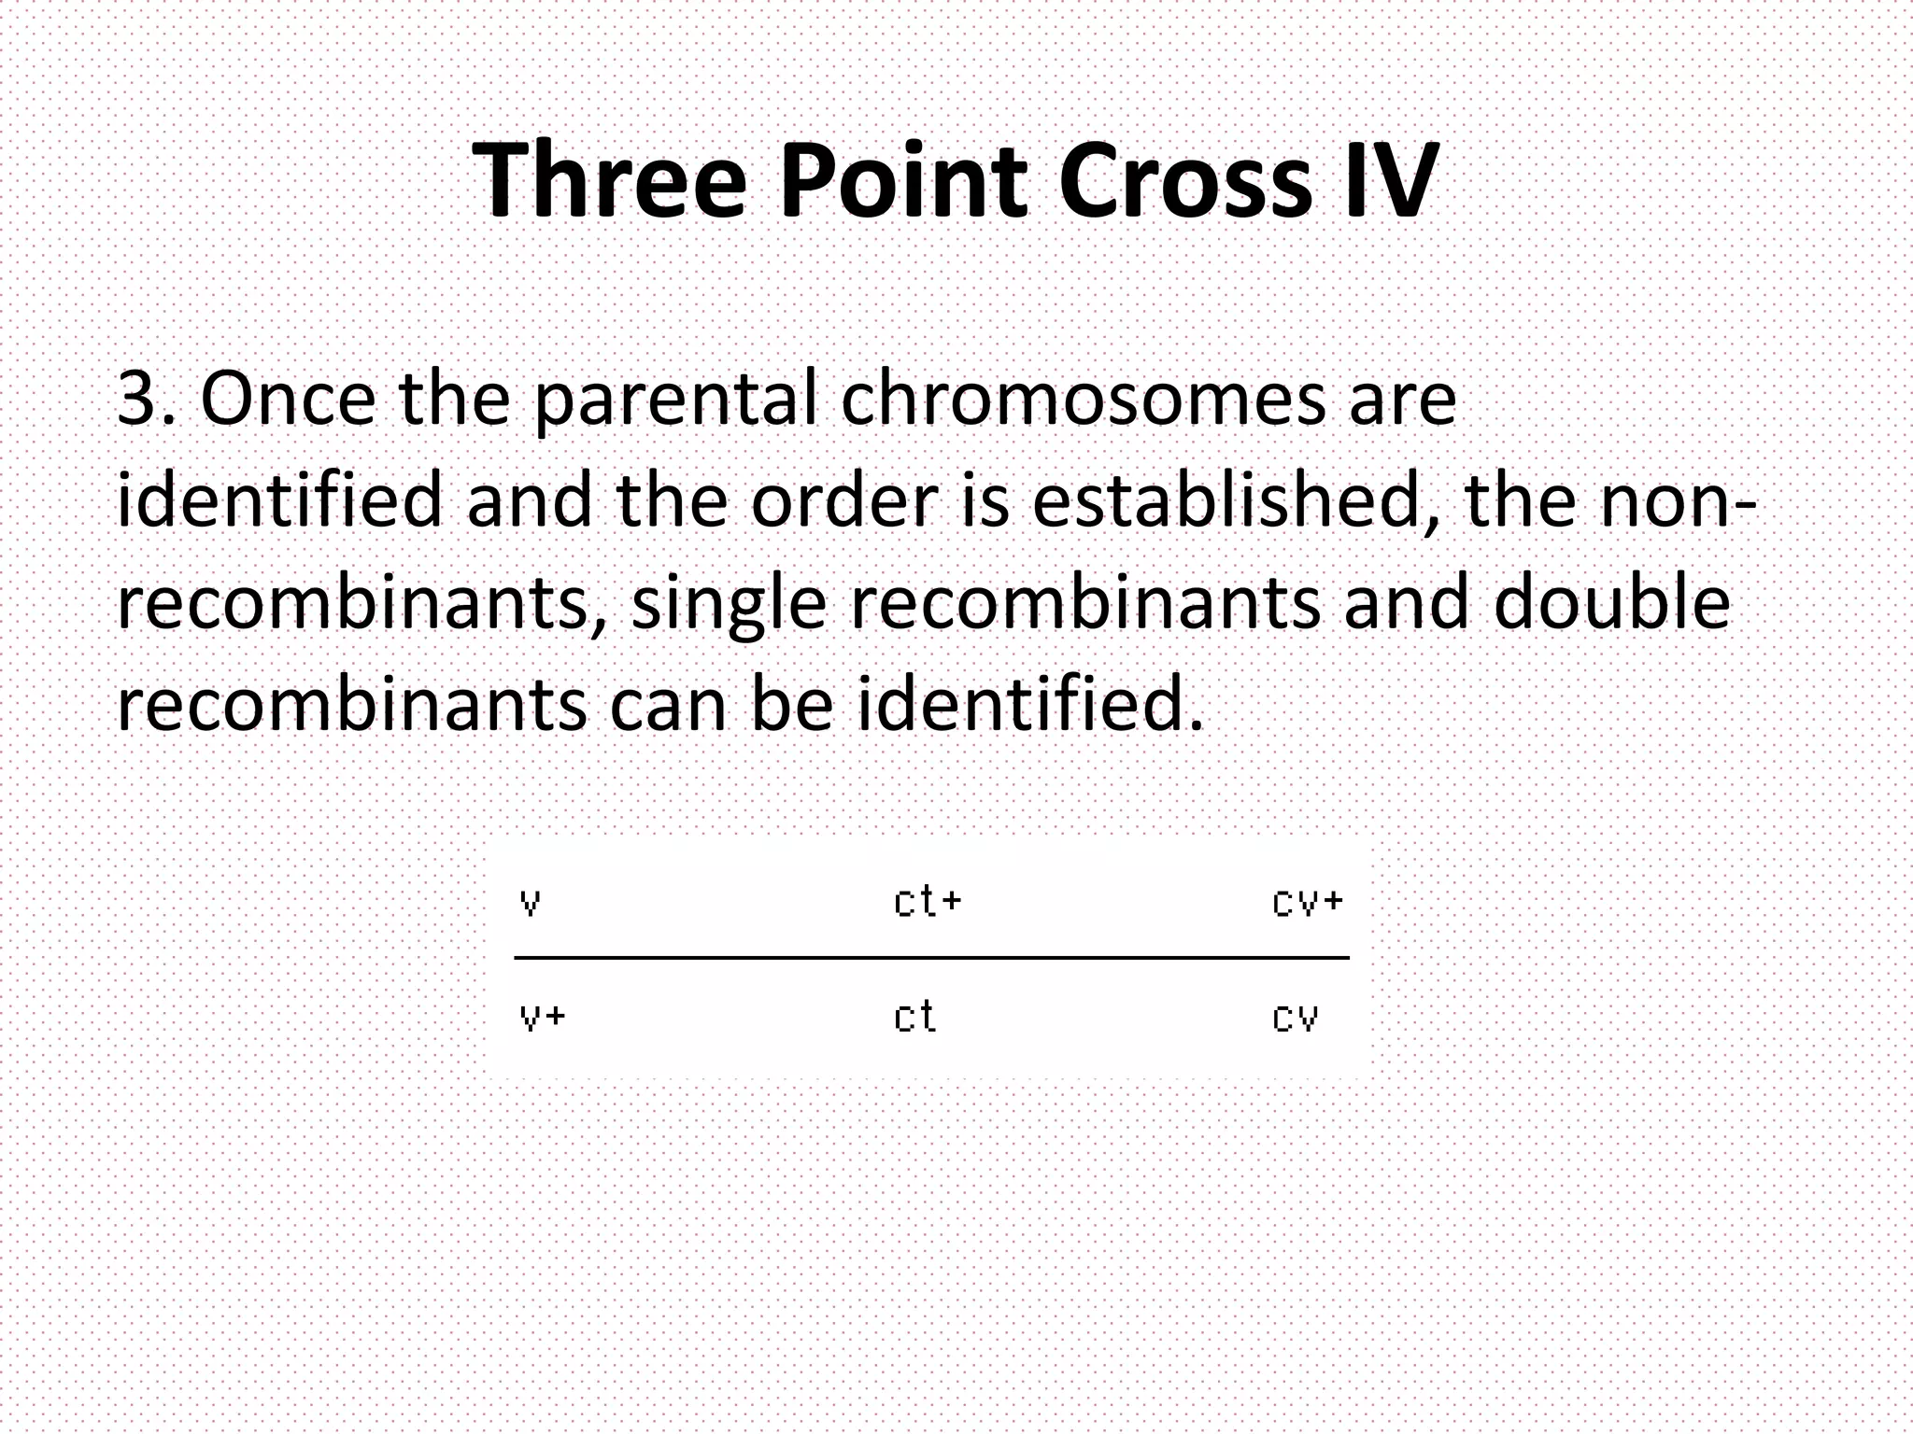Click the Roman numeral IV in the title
1386,179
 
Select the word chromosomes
1083,399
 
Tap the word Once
288,399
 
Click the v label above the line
530,903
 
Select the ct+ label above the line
927,902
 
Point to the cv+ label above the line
1307,902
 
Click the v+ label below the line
542,1017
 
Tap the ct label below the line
914,1016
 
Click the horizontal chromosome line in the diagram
931,958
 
